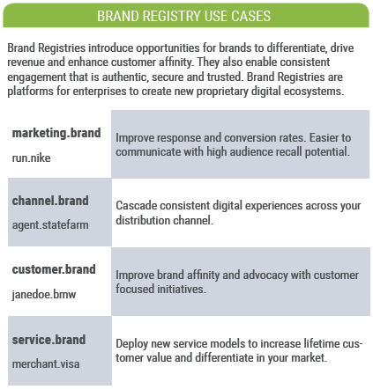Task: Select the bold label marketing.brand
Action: click(x=56, y=133)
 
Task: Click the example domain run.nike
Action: click(x=31, y=158)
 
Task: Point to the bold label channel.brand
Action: click(x=50, y=201)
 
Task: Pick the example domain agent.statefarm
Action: click(x=50, y=225)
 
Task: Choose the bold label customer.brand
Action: click(x=54, y=269)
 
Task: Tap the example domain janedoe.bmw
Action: click(x=44, y=294)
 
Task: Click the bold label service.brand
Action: click(x=48, y=340)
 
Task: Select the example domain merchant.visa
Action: click(x=46, y=364)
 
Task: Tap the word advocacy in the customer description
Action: click(x=265, y=275)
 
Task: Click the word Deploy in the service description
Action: click(x=131, y=344)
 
